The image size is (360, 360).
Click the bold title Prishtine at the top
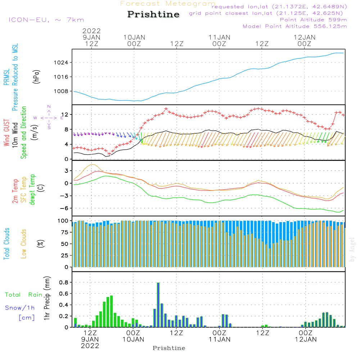coord(153,15)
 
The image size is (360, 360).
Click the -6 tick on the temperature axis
coord(66,208)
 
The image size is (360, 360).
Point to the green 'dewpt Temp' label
coord(32,190)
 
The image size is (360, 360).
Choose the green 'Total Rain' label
coord(23,295)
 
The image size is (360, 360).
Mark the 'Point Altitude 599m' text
coord(313,20)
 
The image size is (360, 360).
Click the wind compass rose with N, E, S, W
coord(49,117)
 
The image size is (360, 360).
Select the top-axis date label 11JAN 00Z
coord(219,40)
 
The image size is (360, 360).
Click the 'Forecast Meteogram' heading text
coord(168,4)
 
